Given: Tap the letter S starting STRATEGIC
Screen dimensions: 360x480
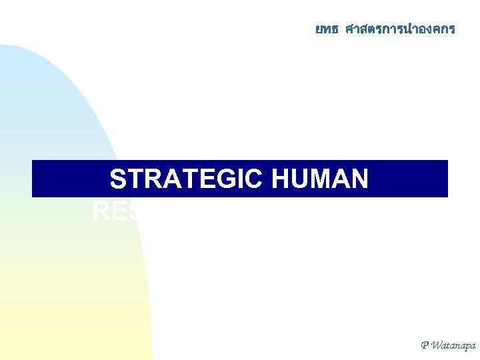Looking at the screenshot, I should [x=118, y=180].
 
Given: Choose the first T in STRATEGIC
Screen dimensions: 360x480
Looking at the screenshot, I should [x=134, y=180].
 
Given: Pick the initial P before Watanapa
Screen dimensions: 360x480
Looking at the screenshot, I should [x=425, y=345].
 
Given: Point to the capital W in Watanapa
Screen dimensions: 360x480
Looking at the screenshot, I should [x=436, y=345].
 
